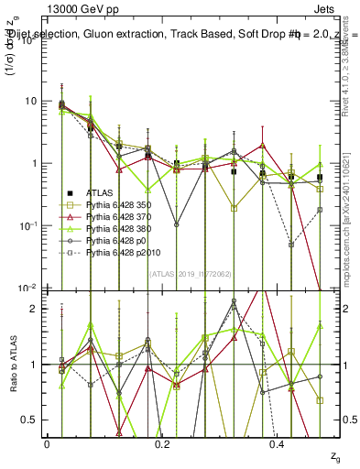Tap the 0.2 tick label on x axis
pos(162,442)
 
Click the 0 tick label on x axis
pos(47,442)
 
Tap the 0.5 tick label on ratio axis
pos(30,420)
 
